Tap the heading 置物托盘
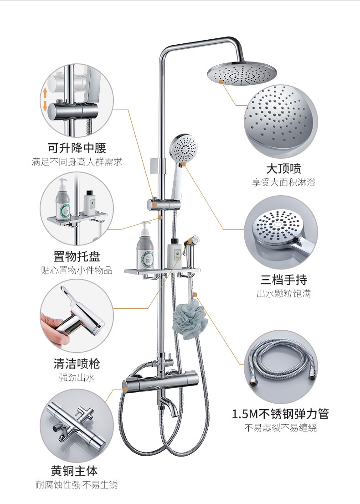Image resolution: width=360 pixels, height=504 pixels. [x=77, y=256]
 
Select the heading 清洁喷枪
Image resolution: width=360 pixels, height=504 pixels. [x=77, y=364]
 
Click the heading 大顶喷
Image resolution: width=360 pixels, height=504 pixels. [x=283, y=168]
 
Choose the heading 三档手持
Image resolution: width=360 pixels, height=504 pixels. [x=283, y=279]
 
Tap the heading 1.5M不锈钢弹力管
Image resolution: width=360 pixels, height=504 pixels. [x=280, y=414]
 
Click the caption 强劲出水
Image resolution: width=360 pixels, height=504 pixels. [x=77, y=378]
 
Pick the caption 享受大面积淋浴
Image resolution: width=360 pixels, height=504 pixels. [x=283, y=182]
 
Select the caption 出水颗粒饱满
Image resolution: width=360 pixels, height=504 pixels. [x=283, y=293]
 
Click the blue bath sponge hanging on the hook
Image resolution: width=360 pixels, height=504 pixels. [x=190, y=316]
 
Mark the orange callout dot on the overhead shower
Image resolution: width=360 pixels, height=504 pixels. [x=221, y=82]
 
